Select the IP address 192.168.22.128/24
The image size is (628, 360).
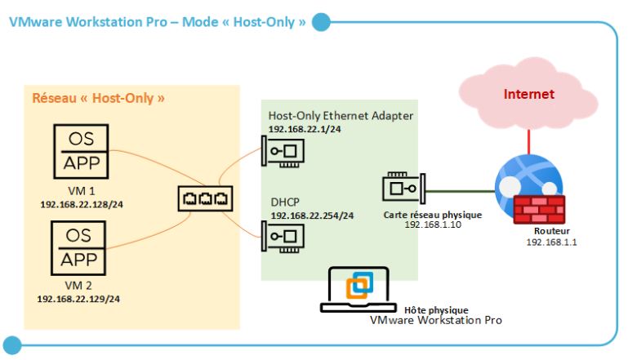pos(81,203)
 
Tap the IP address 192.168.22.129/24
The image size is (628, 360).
pos(78,299)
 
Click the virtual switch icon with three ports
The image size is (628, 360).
pos(207,199)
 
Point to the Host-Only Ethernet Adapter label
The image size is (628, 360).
pos(341,116)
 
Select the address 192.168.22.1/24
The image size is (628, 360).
pos(304,130)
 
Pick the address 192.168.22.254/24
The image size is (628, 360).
pos(312,216)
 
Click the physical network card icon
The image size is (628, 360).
pos(402,189)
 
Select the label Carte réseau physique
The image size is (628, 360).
pos(432,215)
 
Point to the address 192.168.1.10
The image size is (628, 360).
pos(433,225)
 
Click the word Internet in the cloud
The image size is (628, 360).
pos(529,94)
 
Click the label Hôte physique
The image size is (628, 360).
pos(436,310)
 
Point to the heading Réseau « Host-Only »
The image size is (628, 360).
pos(98,98)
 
